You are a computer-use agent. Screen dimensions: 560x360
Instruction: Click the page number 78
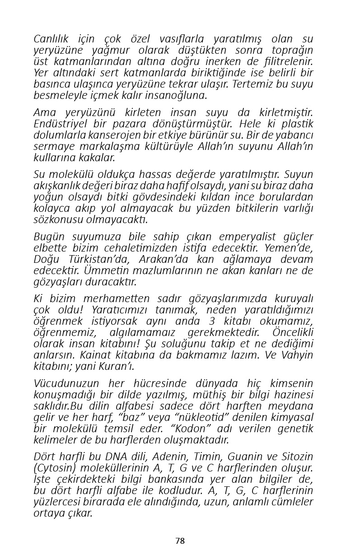[x=180, y=541]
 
